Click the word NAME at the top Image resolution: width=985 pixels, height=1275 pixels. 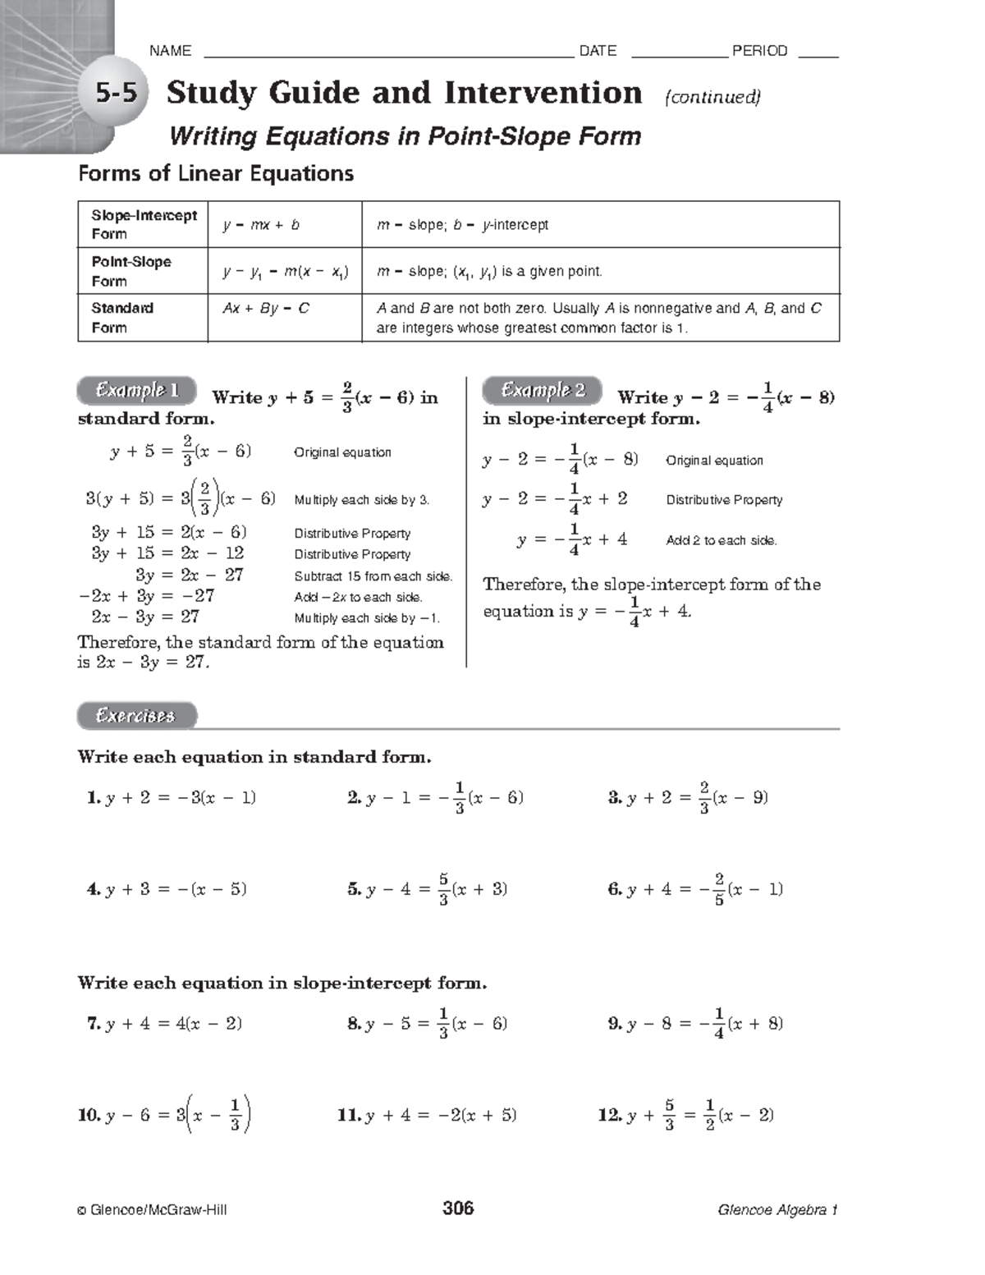click(170, 51)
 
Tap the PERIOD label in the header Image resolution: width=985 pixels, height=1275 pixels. click(759, 51)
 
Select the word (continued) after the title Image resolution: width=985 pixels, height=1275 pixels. click(712, 97)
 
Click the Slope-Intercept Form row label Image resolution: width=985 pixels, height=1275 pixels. click(143, 224)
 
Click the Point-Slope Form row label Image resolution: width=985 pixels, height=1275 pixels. click(131, 271)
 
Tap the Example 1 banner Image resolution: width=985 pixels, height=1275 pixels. click(137, 391)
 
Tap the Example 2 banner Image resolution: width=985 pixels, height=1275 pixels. click(543, 391)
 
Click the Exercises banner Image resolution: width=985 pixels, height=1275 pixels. click(136, 716)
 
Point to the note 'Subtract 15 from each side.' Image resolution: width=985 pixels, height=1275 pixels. click(373, 576)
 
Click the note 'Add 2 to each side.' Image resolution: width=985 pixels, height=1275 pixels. click(721, 540)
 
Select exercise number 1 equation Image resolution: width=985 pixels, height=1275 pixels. click(172, 798)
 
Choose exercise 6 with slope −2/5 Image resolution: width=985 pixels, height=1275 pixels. click(695, 889)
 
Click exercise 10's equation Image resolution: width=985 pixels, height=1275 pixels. click(165, 1115)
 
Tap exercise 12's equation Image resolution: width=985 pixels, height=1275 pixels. click(686, 1115)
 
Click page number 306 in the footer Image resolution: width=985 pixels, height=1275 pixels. click(458, 1208)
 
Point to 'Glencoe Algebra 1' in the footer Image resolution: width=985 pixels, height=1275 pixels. click(777, 1209)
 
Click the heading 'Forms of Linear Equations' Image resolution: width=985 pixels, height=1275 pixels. click(216, 173)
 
